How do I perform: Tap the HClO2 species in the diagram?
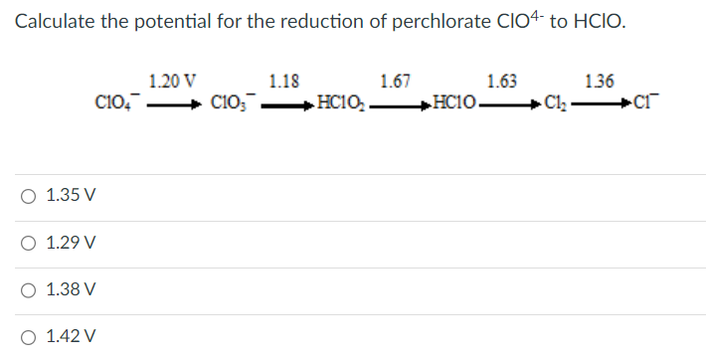coord(340,101)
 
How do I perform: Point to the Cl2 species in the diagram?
coord(555,101)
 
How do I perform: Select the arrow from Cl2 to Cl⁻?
coord(604,101)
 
